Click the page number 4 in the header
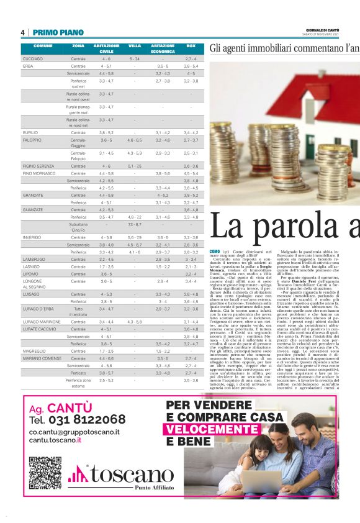tap(22, 32)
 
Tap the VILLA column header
tap(135, 46)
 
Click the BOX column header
tap(191, 46)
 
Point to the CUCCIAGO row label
tap(32, 59)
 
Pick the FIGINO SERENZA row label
tap(38, 166)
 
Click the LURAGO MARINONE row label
tap(41, 322)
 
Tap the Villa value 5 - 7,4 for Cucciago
tap(135, 59)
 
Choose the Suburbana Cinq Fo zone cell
tap(78, 227)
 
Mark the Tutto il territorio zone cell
tap(78, 311)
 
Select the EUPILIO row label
tap(30, 133)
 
